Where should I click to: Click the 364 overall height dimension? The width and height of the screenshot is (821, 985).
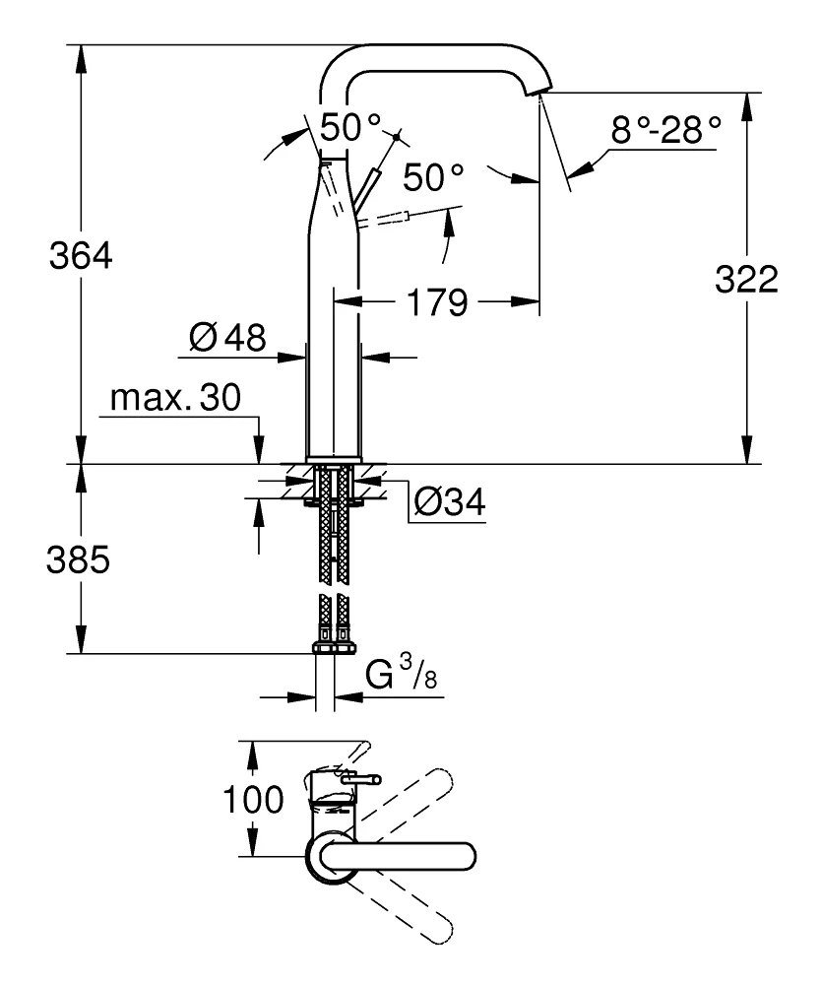tap(82, 258)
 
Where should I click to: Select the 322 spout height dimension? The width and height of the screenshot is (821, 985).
tap(745, 280)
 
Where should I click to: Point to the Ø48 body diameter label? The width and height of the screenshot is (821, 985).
tap(227, 339)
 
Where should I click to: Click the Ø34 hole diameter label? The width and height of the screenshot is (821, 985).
tap(449, 502)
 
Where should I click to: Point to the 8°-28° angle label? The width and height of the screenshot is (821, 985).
tap(665, 130)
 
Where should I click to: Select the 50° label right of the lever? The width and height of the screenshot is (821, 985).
tap(433, 178)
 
